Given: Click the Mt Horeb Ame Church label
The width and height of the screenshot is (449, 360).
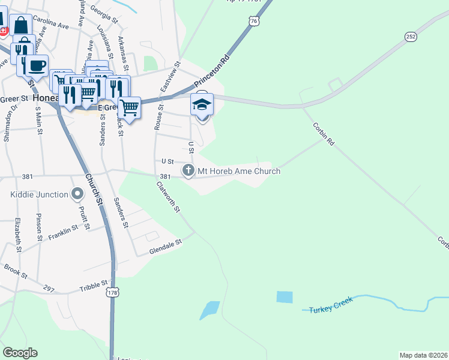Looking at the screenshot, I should click(x=239, y=172).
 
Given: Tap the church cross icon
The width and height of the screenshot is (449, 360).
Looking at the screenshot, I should click(x=188, y=171).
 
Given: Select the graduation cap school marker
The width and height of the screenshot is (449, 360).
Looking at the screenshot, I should click(x=202, y=106).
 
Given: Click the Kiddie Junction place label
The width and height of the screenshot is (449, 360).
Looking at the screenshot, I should click(x=38, y=194).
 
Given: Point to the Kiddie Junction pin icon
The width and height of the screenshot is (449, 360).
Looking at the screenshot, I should click(x=77, y=194).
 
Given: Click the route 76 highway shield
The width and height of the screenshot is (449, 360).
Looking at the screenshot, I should click(x=256, y=21).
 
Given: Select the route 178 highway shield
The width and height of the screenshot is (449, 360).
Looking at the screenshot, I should click(x=112, y=292).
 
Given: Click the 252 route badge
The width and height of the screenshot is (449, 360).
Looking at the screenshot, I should click(x=411, y=37).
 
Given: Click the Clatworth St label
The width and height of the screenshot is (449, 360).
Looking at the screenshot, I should click(x=169, y=197).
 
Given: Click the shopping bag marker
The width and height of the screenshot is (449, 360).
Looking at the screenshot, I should click(x=21, y=26).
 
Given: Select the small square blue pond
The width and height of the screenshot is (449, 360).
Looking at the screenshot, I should click(x=285, y=296).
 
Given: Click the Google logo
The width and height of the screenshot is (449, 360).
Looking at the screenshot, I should click(x=20, y=353).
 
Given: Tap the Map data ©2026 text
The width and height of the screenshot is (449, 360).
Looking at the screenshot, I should click(x=423, y=355).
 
